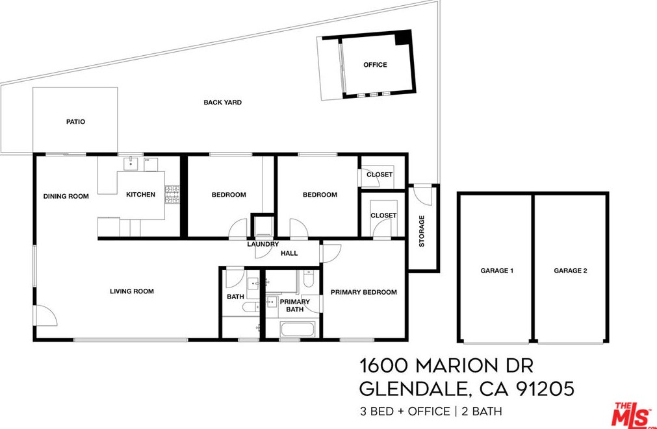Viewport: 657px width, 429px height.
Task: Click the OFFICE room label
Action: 375,65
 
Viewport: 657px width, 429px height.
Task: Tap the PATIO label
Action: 75,122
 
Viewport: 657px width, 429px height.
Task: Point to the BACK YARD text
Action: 222,103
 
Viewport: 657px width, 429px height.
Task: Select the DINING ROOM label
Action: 66,196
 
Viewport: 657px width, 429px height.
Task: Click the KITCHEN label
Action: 140,195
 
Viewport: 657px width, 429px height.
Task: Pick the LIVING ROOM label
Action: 131,291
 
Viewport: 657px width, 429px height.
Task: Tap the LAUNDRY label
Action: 263,245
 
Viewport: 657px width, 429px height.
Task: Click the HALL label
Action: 289,253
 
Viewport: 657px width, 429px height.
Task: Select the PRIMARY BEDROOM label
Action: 363,292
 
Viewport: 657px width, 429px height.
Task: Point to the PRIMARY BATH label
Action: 295,306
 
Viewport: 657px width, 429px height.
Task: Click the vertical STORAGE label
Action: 422,231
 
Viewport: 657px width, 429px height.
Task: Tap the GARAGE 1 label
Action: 496,271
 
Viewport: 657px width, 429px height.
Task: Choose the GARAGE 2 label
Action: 570,271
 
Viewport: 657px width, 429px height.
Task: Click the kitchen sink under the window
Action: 132,162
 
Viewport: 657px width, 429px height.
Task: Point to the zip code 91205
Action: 545,389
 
